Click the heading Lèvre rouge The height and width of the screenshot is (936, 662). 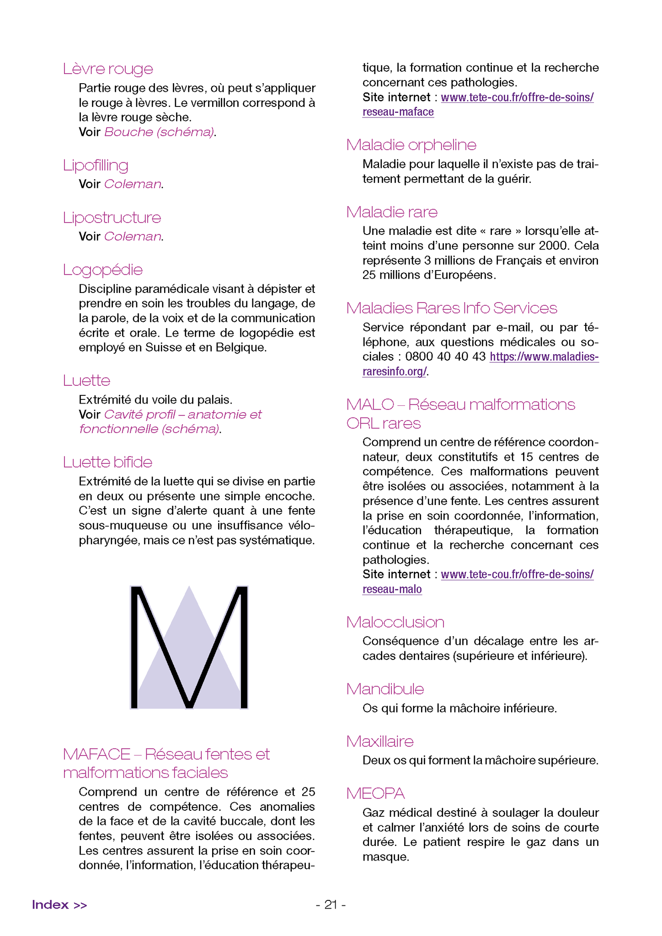(x=108, y=69)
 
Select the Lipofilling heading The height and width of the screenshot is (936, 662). (x=96, y=165)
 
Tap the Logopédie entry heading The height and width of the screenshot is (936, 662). (x=103, y=270)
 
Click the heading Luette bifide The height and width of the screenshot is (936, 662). (x=107, y=462)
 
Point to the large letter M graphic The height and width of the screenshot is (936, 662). (x=189, y=647)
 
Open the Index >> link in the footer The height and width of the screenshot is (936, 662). (x=59, y=904)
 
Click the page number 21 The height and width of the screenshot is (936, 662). (x=331, y=904)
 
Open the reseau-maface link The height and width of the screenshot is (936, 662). (x=398, y=112)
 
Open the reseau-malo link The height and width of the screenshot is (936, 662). (x=392, y=589)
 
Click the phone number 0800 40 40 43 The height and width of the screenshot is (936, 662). (x=445, y=356)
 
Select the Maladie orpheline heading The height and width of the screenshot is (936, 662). (x=411, y=145)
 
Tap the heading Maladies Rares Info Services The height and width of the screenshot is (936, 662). (x=451, y=308)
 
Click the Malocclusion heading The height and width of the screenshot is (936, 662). (x=395, y=622)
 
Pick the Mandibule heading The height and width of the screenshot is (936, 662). (x=385, y=689)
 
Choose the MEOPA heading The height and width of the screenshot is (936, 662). (x=375, y=793)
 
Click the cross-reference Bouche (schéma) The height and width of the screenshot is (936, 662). (x=159, y=132)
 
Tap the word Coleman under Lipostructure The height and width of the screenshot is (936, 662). (x=133, y=236)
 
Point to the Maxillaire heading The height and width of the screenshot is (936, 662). (x=379, y=741)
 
